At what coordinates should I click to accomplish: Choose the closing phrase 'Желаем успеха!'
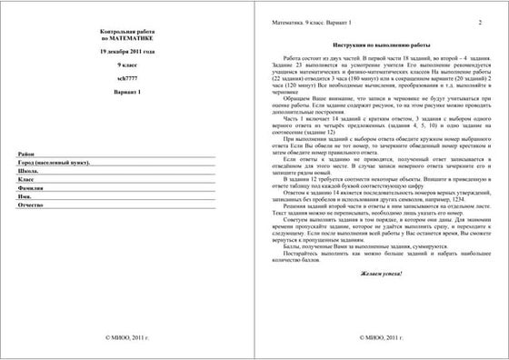pyautogui.click(x=376, y=298)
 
